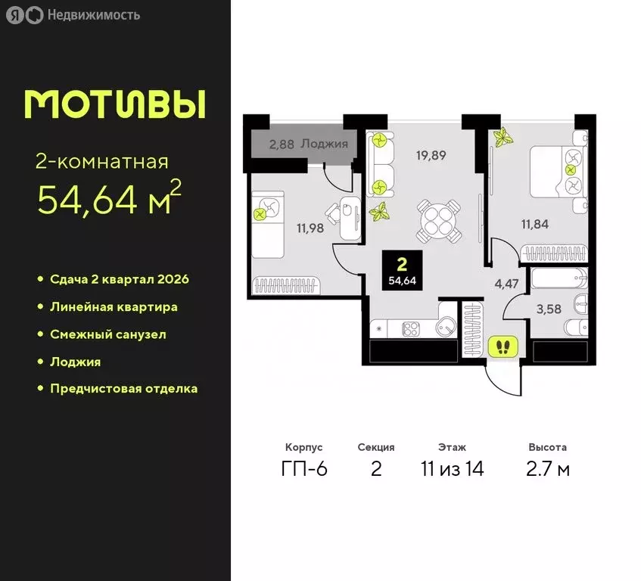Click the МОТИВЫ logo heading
click(x=115, y=104)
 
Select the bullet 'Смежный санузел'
click(x=107, y=334)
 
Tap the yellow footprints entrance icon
click(x=502, y=347)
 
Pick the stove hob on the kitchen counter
click(x=411, y=328)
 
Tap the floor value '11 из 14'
click(x=452, y=469)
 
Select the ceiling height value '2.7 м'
click(x=549, y=469)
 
